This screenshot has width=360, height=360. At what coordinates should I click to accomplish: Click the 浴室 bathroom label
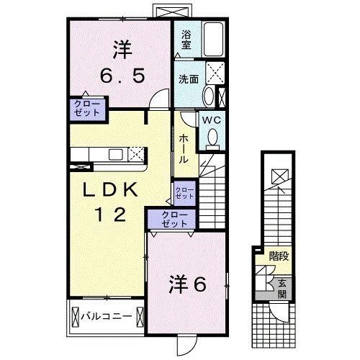point(186,39)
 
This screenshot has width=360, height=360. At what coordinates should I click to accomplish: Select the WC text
point(211,120)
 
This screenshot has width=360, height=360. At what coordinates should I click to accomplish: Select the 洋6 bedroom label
point(187,283)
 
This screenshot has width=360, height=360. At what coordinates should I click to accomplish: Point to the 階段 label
point(278,256)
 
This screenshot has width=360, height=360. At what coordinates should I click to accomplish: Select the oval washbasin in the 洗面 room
point(210,96)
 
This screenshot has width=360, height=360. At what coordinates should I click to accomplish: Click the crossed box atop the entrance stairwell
point(278,175)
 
